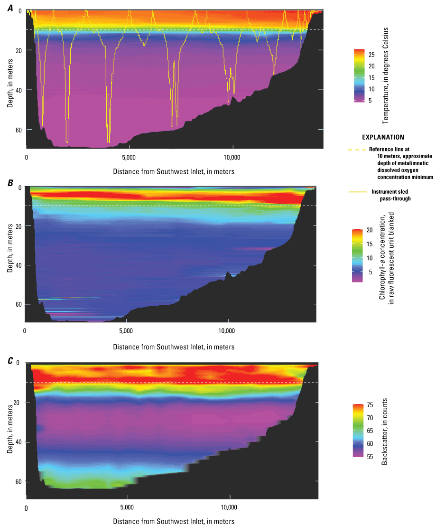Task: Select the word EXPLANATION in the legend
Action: point(383,137)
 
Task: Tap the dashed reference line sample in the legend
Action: point(358,150)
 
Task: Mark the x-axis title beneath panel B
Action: point(174,347)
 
